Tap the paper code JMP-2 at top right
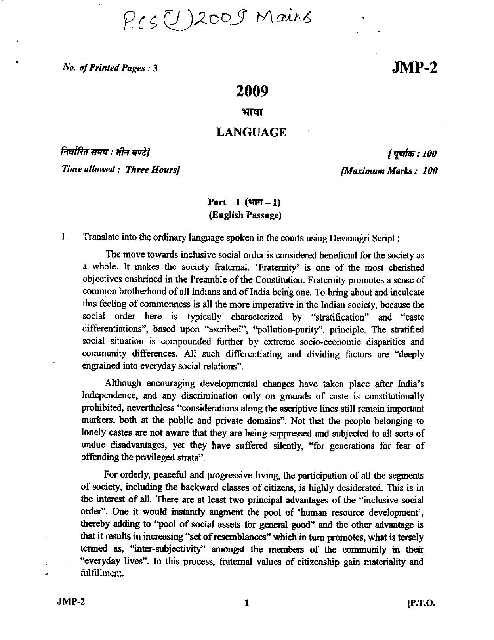(x=414, y=68)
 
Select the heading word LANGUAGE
(x=251, y=132)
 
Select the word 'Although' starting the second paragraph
(x=123, y=383)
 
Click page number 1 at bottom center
(x=246, y=604)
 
